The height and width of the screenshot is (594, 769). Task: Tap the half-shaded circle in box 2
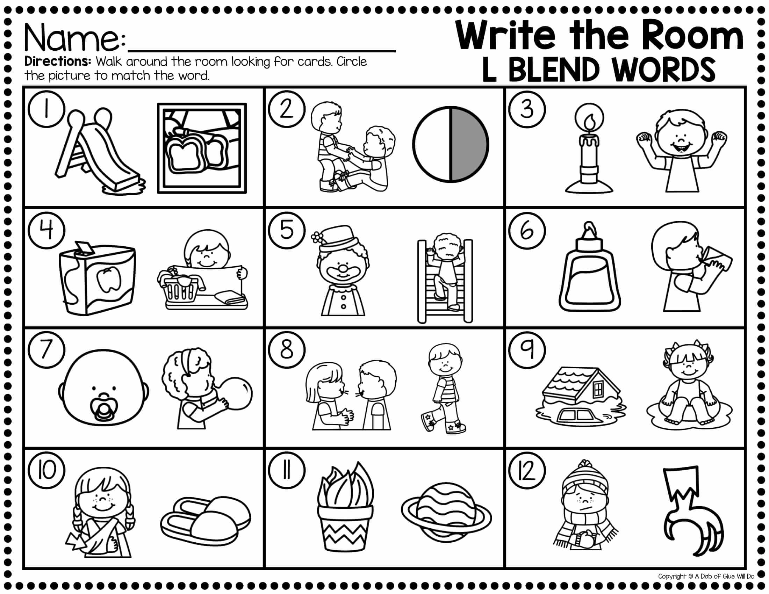click(450, 144)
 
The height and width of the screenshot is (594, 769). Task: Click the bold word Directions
click(58, 62)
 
